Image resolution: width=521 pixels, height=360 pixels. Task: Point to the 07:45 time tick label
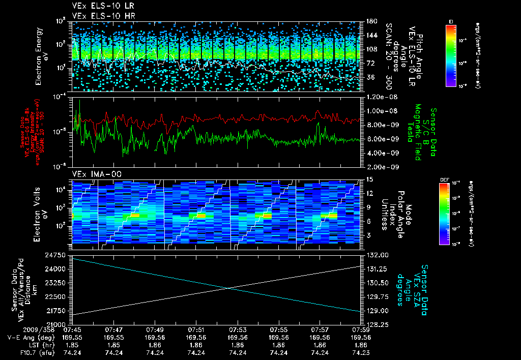pyautogui.click(x=72, y=329)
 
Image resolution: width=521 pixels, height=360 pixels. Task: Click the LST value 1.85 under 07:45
pyautogui.click(x=72, y=344)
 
